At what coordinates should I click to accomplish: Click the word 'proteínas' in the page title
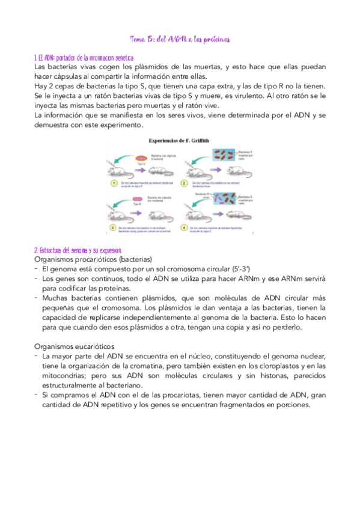pos(213,40)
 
